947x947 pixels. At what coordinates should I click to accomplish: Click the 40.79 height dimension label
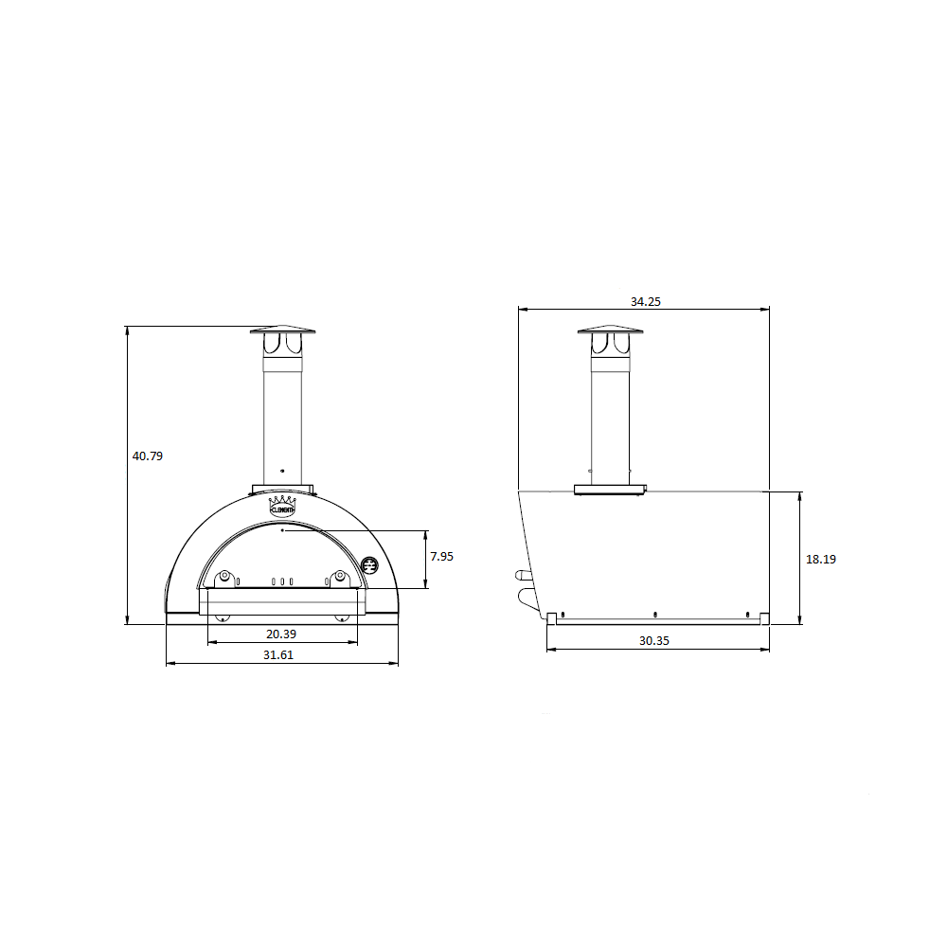(148, 456)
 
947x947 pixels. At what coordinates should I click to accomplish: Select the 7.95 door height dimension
(441, 556)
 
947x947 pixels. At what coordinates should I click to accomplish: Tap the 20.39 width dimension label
(281, 634)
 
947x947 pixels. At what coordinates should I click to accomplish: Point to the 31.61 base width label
(278, 654)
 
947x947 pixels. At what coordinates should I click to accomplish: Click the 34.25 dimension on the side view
(646, 301)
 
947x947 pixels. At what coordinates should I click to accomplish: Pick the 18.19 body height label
(821, 560)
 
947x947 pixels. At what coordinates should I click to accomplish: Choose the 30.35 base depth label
(654, 641)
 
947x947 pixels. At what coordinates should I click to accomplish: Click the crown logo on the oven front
(282, 506)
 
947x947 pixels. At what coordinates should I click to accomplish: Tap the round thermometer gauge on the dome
(369, 566)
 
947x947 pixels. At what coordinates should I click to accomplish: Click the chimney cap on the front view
(282, 330)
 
